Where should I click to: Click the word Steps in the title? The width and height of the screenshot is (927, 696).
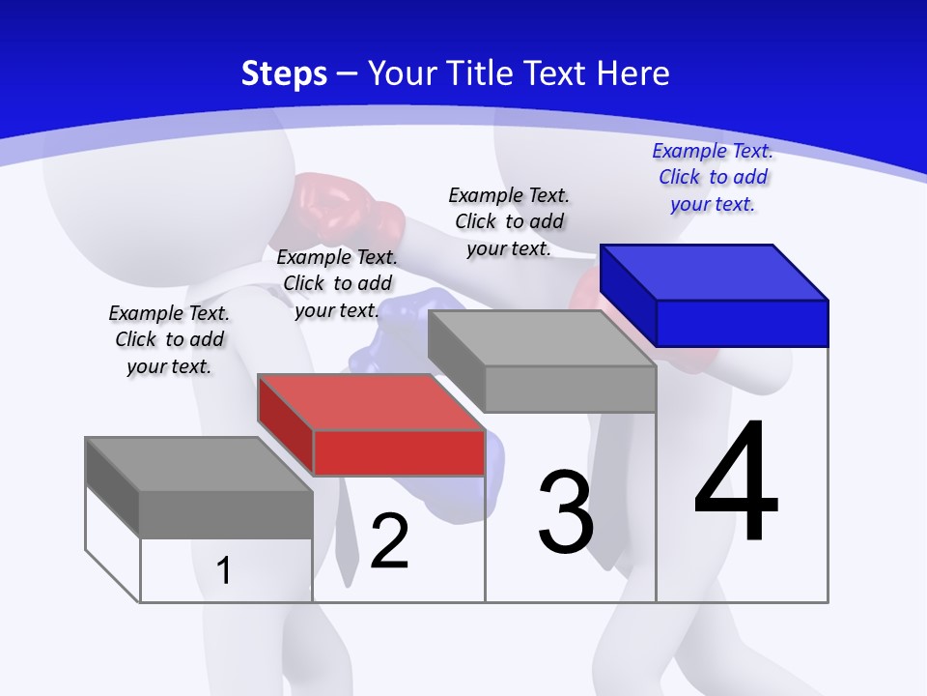pos(284,73)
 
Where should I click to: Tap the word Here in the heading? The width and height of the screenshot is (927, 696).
pos(632,73)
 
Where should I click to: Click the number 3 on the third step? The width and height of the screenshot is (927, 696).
pos(566,513)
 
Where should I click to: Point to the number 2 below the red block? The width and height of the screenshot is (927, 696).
pos(389,542)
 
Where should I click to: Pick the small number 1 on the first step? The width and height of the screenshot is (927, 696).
pos(223,571)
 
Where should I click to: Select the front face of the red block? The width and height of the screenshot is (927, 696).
pos(399,452)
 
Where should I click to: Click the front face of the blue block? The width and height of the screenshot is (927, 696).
pos(742,323)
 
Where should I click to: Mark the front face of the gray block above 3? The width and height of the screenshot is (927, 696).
pos(570,389)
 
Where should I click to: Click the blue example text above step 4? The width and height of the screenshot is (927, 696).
pos(713,177)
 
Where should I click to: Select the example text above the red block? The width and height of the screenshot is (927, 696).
pos(337,283)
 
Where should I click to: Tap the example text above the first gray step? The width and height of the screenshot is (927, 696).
pos(169,339)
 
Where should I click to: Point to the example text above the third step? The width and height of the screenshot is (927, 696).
pos(509,221)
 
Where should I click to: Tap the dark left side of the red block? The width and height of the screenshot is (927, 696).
pos(285,425)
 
